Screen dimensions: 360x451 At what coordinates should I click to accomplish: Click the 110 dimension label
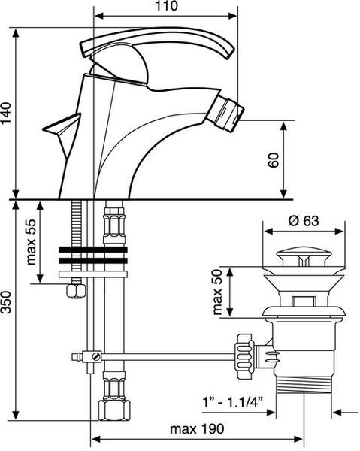[167, 6]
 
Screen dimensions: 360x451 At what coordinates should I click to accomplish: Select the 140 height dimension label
[6, 113]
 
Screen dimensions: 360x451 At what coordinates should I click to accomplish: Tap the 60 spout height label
[274, 160]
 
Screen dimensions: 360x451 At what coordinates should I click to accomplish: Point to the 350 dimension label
[6, 302]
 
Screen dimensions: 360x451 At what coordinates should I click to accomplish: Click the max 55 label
[32, 242]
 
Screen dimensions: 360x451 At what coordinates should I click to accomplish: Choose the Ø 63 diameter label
[304, 221]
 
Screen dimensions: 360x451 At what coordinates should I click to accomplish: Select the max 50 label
[217, 292]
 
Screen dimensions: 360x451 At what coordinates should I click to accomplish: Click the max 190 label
[197, 429]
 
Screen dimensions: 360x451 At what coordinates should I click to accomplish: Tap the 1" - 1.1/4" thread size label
[233, 401]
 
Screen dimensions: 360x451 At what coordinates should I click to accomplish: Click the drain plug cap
[304, 258]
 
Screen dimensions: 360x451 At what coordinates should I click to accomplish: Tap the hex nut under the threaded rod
[76, 291]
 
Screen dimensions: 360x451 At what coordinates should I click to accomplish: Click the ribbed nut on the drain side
[244, 356]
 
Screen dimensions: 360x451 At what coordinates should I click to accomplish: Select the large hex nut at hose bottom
[114, 410]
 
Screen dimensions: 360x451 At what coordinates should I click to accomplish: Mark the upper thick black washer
[93, 250]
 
